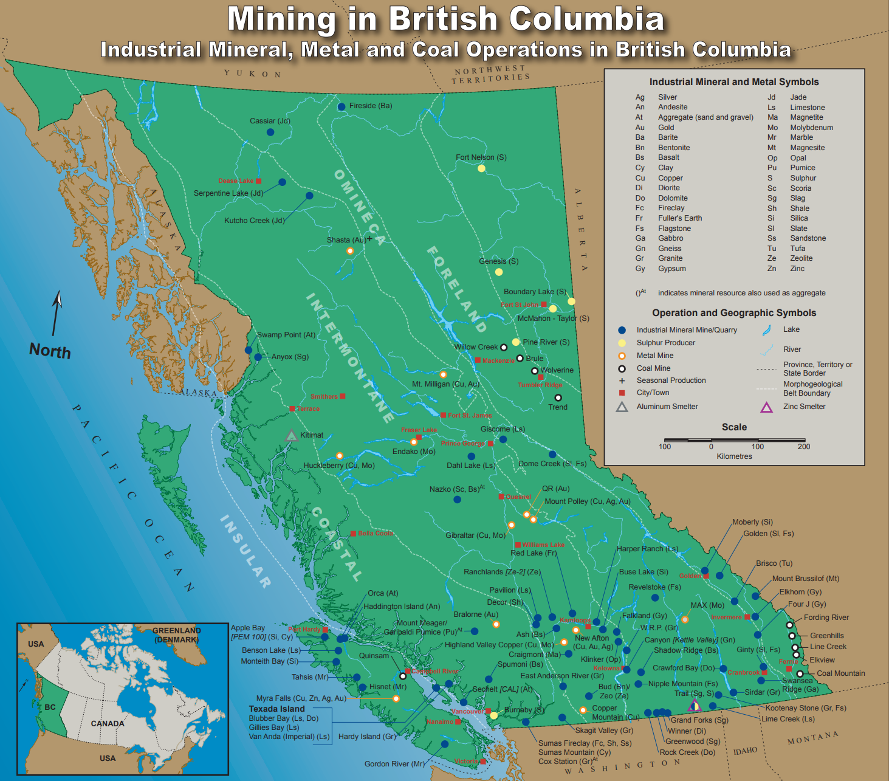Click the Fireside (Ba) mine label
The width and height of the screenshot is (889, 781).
coord(371,106)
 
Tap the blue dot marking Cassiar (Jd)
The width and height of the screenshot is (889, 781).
coord(270,132)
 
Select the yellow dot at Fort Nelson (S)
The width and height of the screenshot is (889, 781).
coord(481,168)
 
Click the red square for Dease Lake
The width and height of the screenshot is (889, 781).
coord(258,181)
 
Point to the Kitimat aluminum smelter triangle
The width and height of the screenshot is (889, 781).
coord(291,435)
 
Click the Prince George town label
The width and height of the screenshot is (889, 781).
coord(462,443)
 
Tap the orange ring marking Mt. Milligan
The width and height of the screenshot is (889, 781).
coord(443,374)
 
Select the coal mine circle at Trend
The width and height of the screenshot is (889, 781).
coord(558,397)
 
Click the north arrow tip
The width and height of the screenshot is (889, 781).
coord(59,294)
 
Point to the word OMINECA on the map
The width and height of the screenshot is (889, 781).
coord(359,207)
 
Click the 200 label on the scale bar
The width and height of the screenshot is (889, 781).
coord(804,447)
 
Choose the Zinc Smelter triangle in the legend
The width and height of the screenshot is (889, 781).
coord(767,407)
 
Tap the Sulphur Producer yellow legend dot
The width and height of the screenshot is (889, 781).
coord(622,343)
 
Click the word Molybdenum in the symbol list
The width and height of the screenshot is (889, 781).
coord(811,128)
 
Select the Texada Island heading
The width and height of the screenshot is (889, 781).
coord(276,709)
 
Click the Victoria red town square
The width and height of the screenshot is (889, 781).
coord(483,761)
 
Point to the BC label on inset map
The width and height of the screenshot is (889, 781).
coord(50,707)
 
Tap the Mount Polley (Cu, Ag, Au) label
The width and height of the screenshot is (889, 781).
coord(587,501)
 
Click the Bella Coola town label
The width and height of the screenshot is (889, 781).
coord(375,533)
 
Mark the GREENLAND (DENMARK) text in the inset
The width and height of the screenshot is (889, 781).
coord(176,635)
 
